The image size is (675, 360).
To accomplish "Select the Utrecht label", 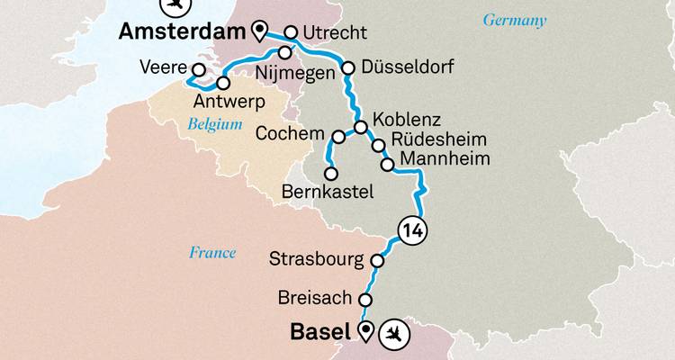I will (x=336, y=33).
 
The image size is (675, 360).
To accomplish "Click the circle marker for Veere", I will (x=200, y=69).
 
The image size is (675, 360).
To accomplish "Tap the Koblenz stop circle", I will (x=359, y=127).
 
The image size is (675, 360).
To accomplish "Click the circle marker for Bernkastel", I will (x=330, y=173).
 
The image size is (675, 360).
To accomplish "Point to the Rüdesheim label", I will (x=436, y=141).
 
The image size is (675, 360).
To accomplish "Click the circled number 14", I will (x=413, y=230).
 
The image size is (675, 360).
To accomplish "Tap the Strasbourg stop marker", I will (x=379, y=260).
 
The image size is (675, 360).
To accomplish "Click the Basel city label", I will (x=319, y=332).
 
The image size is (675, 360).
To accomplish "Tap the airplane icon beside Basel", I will (x=393, y=335).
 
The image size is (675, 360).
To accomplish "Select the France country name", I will (x=212, y=253).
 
